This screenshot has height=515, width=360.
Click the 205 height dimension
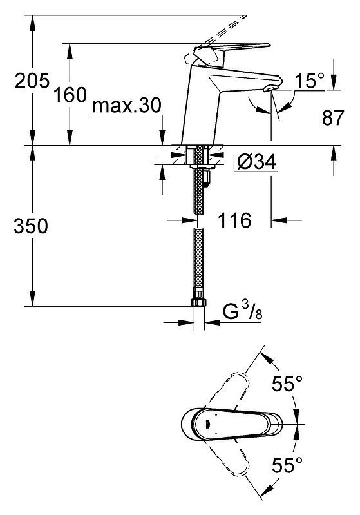[32, 80]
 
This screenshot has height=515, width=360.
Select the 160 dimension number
[70, 94]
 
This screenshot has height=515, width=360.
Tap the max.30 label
[127, 106]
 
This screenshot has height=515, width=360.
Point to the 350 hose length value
[31, 226]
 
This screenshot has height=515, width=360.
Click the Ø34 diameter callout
[256, 162]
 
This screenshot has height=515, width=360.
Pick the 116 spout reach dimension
[234, 220]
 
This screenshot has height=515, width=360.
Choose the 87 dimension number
[333, 117]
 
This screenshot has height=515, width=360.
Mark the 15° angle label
[309, 81]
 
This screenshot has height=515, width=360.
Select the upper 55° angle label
[287, 383]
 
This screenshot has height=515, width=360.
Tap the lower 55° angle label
[287, 465]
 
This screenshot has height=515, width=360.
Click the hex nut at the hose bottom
[198, 302]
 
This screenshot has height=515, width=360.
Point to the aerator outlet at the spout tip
[270, 88]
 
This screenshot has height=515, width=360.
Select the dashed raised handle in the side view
[213, 39]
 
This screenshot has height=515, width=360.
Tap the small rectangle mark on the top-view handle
[208, 424]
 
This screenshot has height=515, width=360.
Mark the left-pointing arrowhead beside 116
[278, 220]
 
